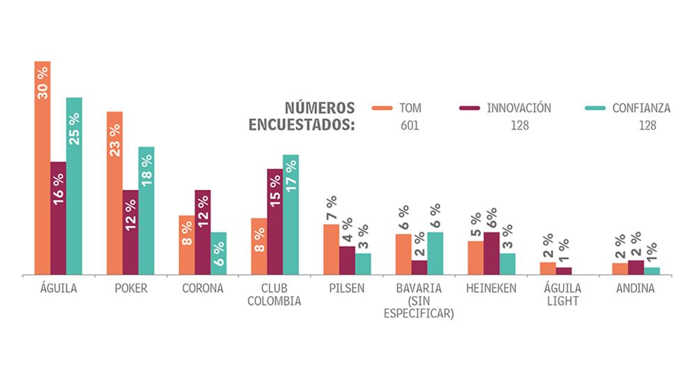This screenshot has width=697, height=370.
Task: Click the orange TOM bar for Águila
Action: pos(43,168)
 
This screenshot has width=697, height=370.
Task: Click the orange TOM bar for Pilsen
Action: pos(331,249)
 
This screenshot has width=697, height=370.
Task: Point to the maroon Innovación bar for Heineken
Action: pos(491,253)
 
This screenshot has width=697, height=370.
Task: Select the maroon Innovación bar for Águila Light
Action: pos(564,271)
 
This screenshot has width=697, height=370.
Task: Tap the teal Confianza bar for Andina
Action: pos(652,271)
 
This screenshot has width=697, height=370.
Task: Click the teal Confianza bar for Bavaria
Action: pos(435,253)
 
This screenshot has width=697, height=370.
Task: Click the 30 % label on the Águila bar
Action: pos(43,82)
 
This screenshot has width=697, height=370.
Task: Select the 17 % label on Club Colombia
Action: pos(291,175)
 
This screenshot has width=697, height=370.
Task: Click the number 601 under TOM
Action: pos(410,126)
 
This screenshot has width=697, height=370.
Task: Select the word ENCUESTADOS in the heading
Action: pos(302,126)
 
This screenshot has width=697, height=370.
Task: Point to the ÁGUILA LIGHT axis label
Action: pos(563,295)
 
